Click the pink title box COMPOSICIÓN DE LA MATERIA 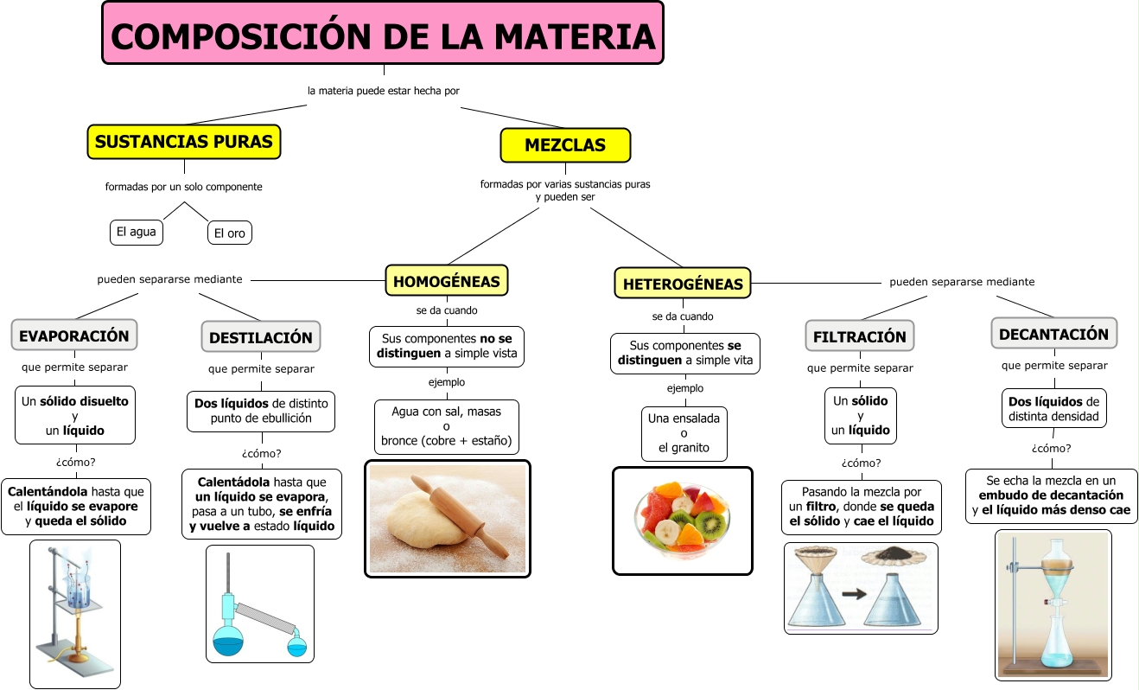pyautogui.click(x=383, y=33)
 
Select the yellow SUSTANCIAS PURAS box pyautogui.click(x=184, y=142)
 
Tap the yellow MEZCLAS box pyautogui.click(x=565, y=145)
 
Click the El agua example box pyautogui.click(x=137, y=233)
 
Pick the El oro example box pyautogui.click(x=229, y=233)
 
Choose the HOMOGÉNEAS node pyautogui.click(x=447, y=281)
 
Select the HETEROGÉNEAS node pyautogui.click(x=683, y=284)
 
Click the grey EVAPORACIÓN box pyautogui.click(x=74, y=335)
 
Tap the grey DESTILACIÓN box pyautogui.click(x=261, y=337)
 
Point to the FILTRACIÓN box pyautogui.click(x=860, y=335)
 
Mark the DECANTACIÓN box pyautogui.click(x=1054, y=334)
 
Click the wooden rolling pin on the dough pyautogui.click(x=460, y=514)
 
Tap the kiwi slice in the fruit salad pyautogui.click(x=709, y=523)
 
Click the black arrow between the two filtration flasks pyautogui.click(x=854, y=593)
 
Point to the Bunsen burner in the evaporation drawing pyautogui.click(x=78, y=636)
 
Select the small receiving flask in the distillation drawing pyautogui.click(x=297, y=645)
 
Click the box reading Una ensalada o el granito pyautogui.click(x=684, y=433)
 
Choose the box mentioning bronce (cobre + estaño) pyautogui.click(x=447, y=426)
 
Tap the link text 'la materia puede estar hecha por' pyautogui.click(x=384, y=91)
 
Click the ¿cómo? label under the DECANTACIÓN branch pyautogui.click(x=1051, y=448)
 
